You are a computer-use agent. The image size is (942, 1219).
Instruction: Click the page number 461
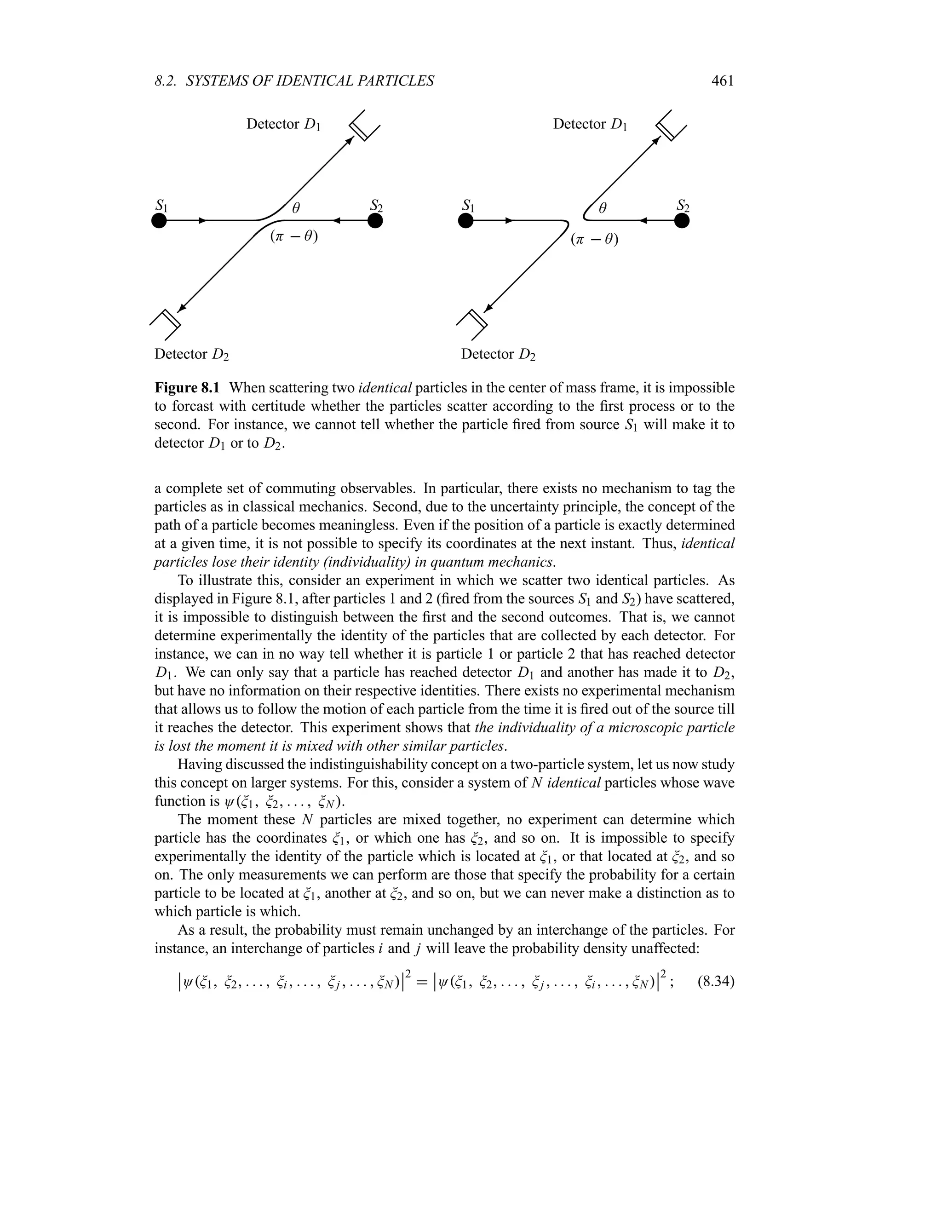tap(722, 81)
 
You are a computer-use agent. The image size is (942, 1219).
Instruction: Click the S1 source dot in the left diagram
tap(159, 221)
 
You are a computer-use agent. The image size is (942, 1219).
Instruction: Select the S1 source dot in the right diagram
tap(465, 221)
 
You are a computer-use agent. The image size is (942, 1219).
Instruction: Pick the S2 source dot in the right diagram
tap(681, 221)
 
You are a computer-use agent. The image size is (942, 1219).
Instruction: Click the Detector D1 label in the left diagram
tap(283, 124)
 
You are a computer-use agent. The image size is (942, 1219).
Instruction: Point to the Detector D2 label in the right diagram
tap(498, 354)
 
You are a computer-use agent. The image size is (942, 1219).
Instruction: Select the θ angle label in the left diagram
tap(296, 209)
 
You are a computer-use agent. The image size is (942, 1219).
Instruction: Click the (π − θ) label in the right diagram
tap(594, 240)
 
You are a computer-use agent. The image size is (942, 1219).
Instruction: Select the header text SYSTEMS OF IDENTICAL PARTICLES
tap(310, 81)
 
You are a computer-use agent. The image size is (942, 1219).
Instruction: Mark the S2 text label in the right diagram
tap(683, 206)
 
